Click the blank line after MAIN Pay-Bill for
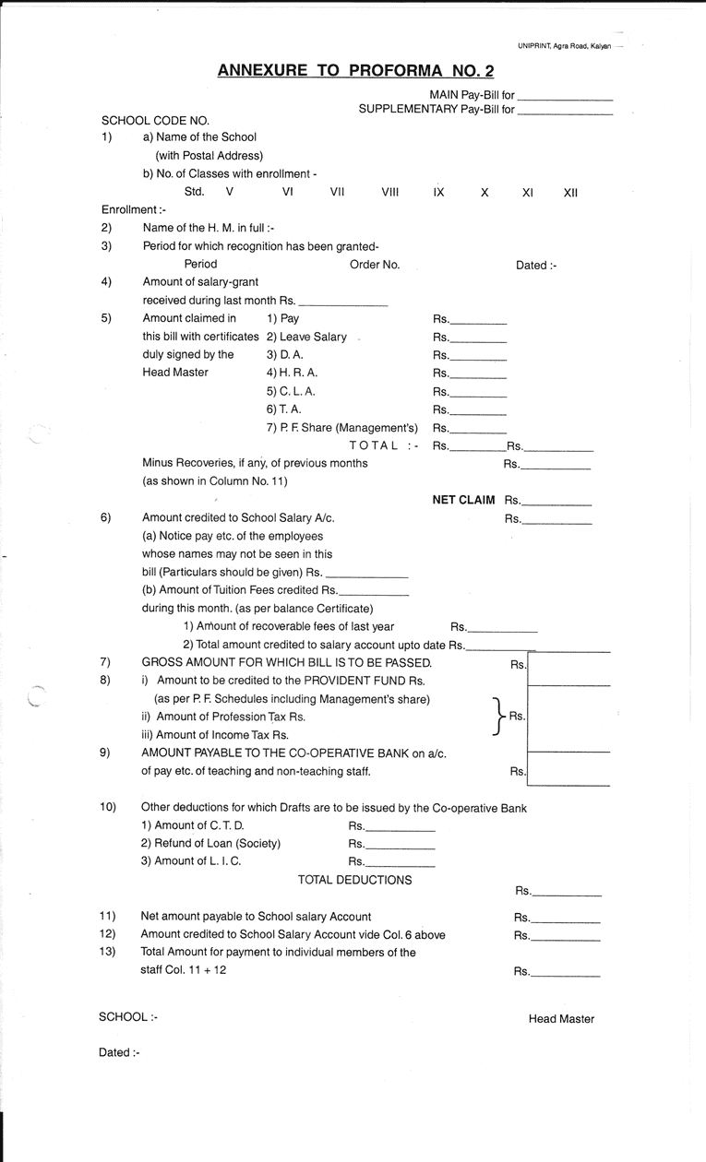565,97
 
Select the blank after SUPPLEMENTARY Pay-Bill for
565,111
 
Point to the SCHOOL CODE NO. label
155,120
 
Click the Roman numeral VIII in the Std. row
389,192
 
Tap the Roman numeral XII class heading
570,192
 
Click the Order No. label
375,265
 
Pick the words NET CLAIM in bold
463,501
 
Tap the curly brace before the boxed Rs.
499,717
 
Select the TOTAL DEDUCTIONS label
354,880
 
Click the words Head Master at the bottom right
561,1019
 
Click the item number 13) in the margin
107,952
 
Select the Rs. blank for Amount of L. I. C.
401,863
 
